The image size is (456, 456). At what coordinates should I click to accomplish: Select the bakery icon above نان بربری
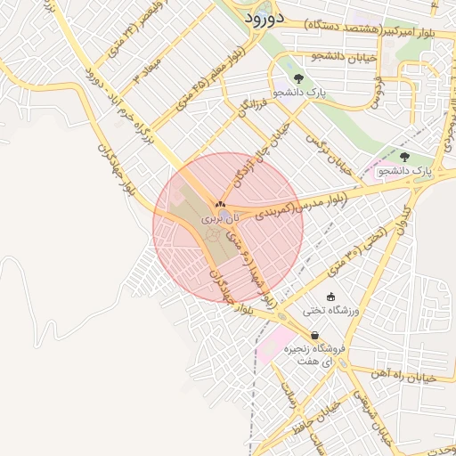click(220, 206)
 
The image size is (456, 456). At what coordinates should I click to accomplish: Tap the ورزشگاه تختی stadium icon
click(331, 297)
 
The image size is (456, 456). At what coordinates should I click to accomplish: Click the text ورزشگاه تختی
click(331, 311)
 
